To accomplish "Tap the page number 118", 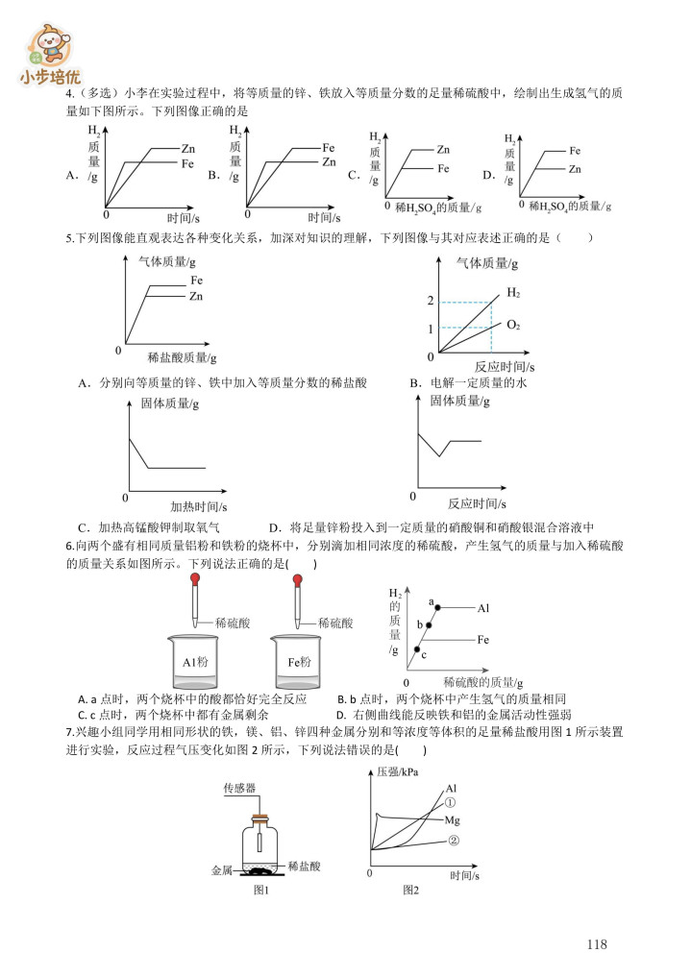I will [x=596, y=944].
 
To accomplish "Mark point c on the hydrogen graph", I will [x=417, y=650].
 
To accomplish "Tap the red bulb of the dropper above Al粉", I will [x=195, y=580].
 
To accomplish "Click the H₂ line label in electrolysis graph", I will [x=513, y=292].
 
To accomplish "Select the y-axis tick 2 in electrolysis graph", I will [x=431, y=303].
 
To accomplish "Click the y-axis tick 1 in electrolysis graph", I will [x=431, y=330].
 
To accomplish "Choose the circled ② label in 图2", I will [x=453, y=840].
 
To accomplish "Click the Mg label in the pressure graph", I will [x=454, y=821].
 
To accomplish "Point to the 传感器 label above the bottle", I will [x=239, y=788].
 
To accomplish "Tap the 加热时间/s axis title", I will [x=199, y=506].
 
